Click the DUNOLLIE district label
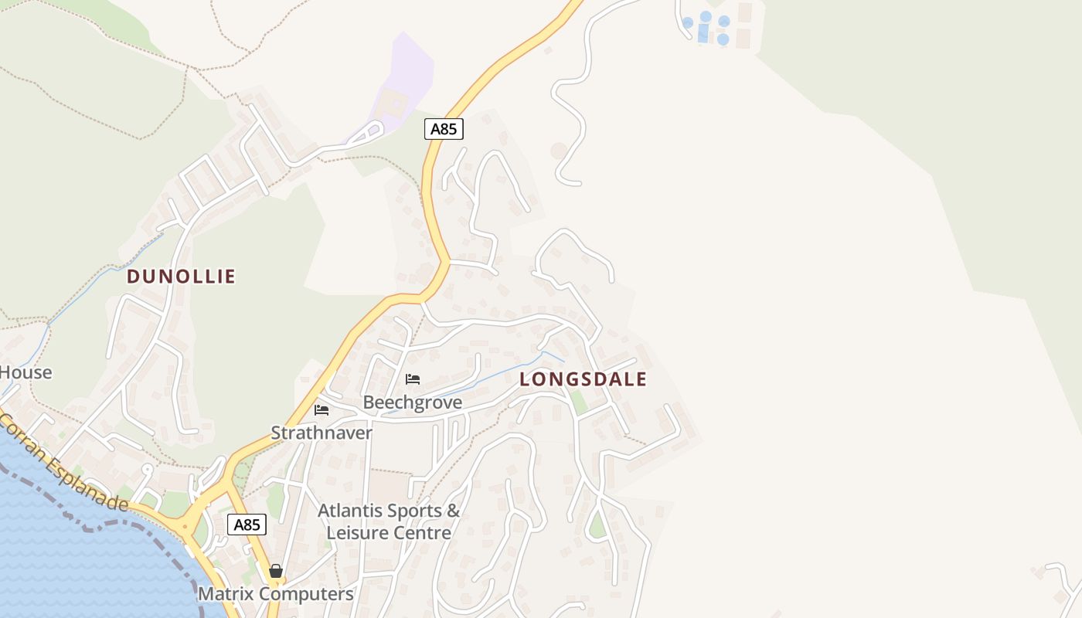pos(181,277)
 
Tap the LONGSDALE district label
pos(583,379)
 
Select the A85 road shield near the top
pos(444,129)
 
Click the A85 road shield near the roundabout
pos(247,525)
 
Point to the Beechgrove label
pos(413,402)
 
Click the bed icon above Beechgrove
pos(413,379)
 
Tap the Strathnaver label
pos(322,433)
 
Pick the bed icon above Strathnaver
pos(322,409)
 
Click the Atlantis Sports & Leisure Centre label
pos(389,521)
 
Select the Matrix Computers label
pos(276,594)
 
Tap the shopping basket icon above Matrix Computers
pos(276,572)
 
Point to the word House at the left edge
pos(26,372)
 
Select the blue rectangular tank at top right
pos(703,33)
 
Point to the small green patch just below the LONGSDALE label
pos(578,402)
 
